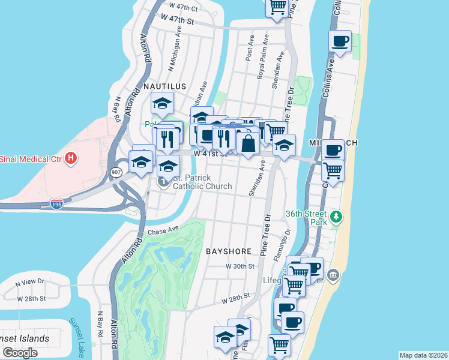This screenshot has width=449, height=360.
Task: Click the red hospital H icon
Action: [x=71, y=158]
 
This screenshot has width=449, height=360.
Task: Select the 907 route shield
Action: [x=116, y=172]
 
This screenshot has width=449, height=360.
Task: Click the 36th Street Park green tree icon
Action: [x=337, y=216]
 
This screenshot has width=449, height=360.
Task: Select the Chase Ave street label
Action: [x=163, y=230]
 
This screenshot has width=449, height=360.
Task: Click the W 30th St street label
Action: [x=238, y=266]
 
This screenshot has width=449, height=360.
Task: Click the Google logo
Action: [x=20, y=352]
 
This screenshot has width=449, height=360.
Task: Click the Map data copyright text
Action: [x=423, y=355]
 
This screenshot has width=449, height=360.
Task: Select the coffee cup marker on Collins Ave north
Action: [x=340, y=42]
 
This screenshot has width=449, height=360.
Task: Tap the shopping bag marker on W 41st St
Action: [x=248, y=144]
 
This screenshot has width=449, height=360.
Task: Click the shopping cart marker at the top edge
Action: [x=277, y=7]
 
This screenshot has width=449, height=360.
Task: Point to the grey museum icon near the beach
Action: [x=334, y=275]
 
